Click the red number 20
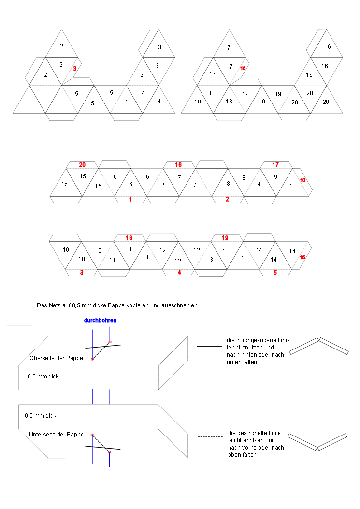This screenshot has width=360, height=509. (x=82, y=165)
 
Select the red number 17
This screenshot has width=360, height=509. (x=275, y=165)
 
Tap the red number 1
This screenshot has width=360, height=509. (x=130, y=199)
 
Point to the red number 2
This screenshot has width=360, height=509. (x=227, y=199)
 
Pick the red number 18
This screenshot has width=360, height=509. (x=129, y=238)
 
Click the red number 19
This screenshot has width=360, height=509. (x=225, y=238)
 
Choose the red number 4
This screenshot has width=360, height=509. (x=179, y=272)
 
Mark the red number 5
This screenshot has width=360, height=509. (x=275, y=272)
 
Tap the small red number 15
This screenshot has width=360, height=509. (x=302, y=257)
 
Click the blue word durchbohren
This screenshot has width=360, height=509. (x=100, y=320)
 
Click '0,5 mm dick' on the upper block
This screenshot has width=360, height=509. (x=43, y=376)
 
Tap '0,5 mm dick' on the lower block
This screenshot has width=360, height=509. (x=41, y=415)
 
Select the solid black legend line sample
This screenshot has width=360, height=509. (x=209, y=347)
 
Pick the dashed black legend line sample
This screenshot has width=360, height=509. (x=210, y=436)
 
